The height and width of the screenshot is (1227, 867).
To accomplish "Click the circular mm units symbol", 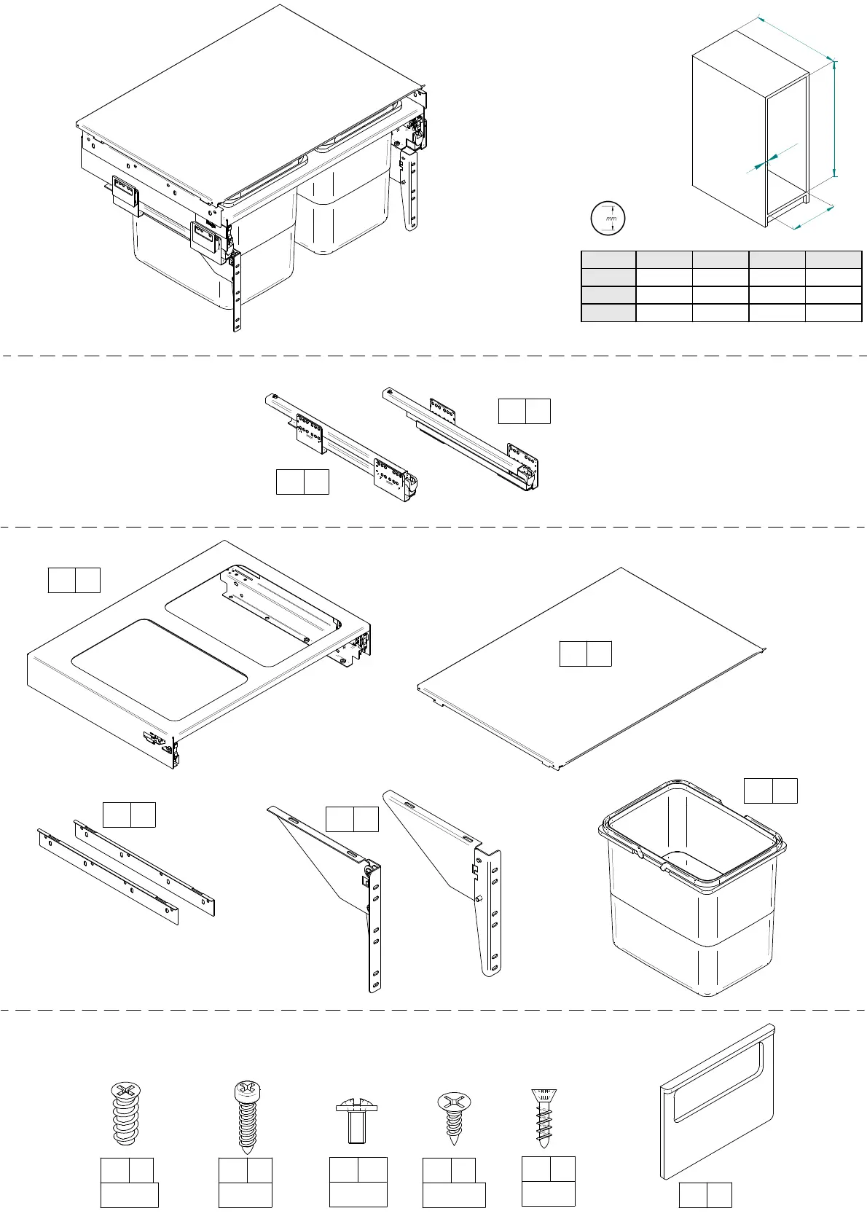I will (x=607, y=218).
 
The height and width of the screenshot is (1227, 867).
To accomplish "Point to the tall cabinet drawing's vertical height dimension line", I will (x=835, y=119).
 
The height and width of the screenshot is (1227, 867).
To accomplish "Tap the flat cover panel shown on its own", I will (x=590, y=692).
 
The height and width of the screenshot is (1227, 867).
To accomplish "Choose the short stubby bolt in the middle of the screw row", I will (x=356, y=1122).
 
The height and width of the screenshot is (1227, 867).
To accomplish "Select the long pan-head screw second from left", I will (x=246, y=1118).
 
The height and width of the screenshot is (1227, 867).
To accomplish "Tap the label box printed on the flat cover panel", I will (x=585, y=654).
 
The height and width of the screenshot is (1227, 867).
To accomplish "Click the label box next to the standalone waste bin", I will (x=770, y=791).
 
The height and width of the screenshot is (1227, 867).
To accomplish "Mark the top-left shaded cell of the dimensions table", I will (x=608, y=260).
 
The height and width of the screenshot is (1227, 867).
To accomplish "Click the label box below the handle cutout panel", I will (x=705, y=1195).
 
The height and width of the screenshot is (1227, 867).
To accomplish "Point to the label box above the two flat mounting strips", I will (x=129, y=815).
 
